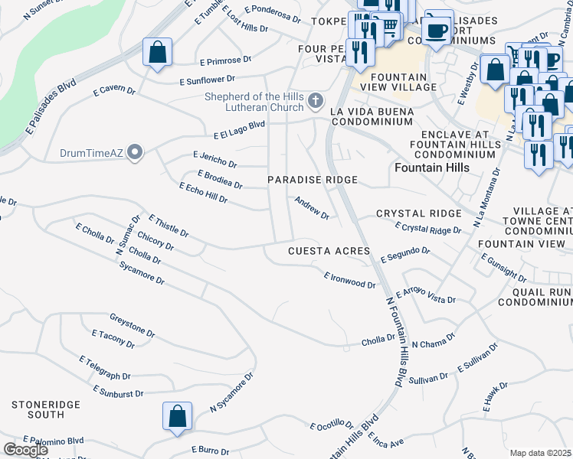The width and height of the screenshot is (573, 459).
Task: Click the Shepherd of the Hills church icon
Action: pyautogui.click(x=315, y=101)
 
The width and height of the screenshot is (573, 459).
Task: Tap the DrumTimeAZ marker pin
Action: pyautogui.click(x=136, y=153)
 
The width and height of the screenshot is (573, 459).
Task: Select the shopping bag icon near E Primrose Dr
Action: pyautogui.click(x=158, y=53)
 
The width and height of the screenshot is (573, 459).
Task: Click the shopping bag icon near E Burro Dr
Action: pyautogui.click(x=177, y=416)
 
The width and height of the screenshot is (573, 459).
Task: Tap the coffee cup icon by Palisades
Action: pyautogui.click(x=437, y=31)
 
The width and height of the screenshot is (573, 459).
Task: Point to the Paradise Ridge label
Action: pyautogui.click(x=313, y=180)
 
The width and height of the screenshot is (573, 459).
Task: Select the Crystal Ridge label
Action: pyautogui.click(x=419, y=213)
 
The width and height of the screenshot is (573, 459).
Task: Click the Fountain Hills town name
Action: pyautogui.click(x=433, y=167)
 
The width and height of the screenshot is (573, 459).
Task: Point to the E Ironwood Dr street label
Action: pyautogui.click(x=349, y=280)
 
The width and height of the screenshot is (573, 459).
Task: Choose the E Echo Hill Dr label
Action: pyautogui.click(x=203, y=193)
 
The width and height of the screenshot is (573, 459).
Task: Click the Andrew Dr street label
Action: pyautogui.click(x=312, y=207)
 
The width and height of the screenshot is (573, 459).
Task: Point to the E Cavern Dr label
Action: pyautogui.click(x=114, y=91)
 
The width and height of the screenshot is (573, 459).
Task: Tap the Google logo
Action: pyautogui.click(x=26, y=450)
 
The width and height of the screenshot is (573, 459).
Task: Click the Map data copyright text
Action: pyautogui.click(x=541, y=453)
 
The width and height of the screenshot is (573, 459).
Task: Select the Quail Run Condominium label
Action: pyautogui.click(x=535, y=297)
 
